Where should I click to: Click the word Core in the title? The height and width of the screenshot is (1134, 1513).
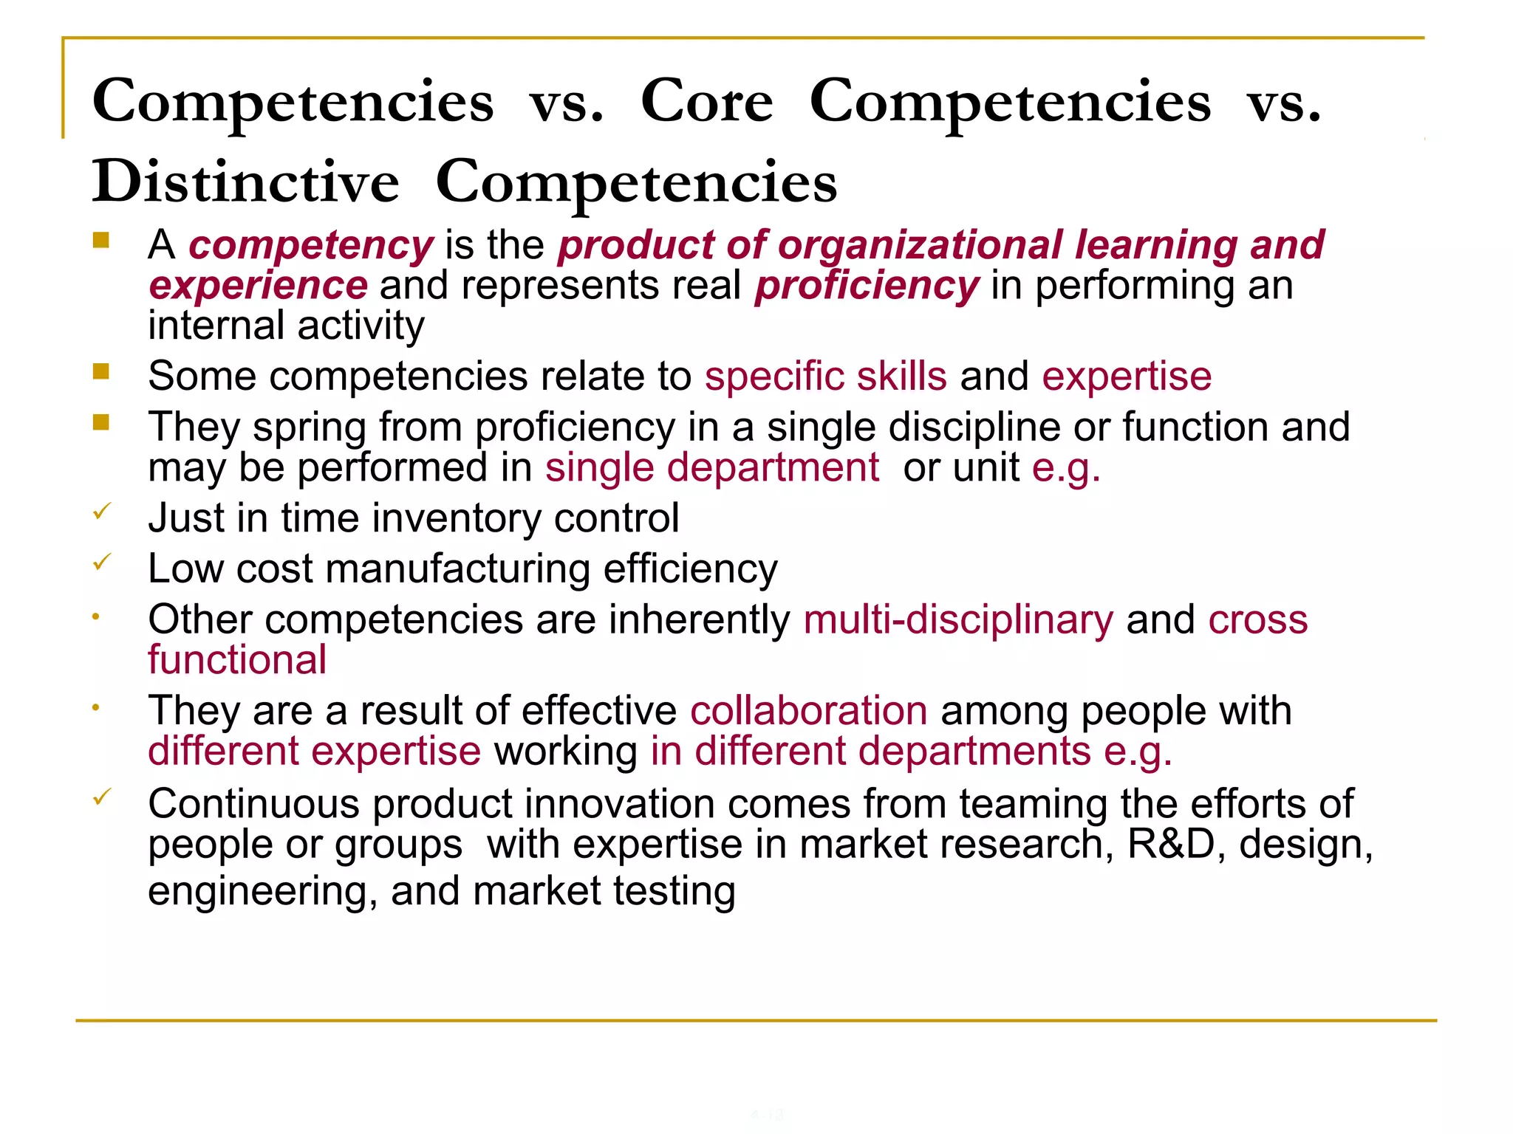click(706, 101)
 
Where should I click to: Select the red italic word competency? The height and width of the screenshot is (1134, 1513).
click(311, 245)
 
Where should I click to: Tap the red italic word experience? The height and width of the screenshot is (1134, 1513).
click(258, 286)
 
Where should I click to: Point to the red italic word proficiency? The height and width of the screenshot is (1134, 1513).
click(867, 286)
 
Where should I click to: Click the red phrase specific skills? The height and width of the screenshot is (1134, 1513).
click(825, 377)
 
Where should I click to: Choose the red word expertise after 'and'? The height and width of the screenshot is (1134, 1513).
click(1127, 377)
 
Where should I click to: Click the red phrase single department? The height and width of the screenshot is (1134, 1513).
click(712, 468)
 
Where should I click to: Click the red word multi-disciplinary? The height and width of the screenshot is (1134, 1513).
click(958, 619)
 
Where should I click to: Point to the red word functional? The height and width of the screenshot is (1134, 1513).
click(237, 660)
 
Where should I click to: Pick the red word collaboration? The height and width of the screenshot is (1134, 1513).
click(809, 711)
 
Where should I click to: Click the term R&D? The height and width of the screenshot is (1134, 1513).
click(1171, 844)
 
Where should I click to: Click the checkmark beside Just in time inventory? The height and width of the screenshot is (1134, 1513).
click(102, 511)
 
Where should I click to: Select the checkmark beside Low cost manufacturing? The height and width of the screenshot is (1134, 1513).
click(102, 562)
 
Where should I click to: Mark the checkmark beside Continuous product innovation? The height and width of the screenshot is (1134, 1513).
click(102, 797)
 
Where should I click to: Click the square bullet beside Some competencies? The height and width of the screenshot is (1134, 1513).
click(101, 371)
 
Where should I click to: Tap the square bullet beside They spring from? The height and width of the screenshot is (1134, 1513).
click(101, 422)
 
